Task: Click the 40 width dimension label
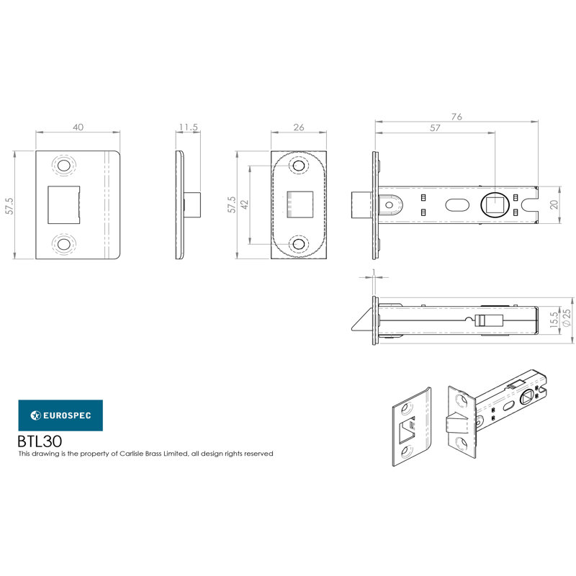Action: (78, 127)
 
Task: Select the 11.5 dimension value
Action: (189, 127)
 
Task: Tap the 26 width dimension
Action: (299, 127)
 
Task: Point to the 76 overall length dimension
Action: (456, 117)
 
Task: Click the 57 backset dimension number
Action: (435, 128)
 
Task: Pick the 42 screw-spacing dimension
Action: (244, 204)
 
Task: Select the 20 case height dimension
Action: (554, 204)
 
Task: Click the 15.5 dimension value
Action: (554, 320)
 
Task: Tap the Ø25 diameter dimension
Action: (567, 318)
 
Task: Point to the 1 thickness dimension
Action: (374, 272)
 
